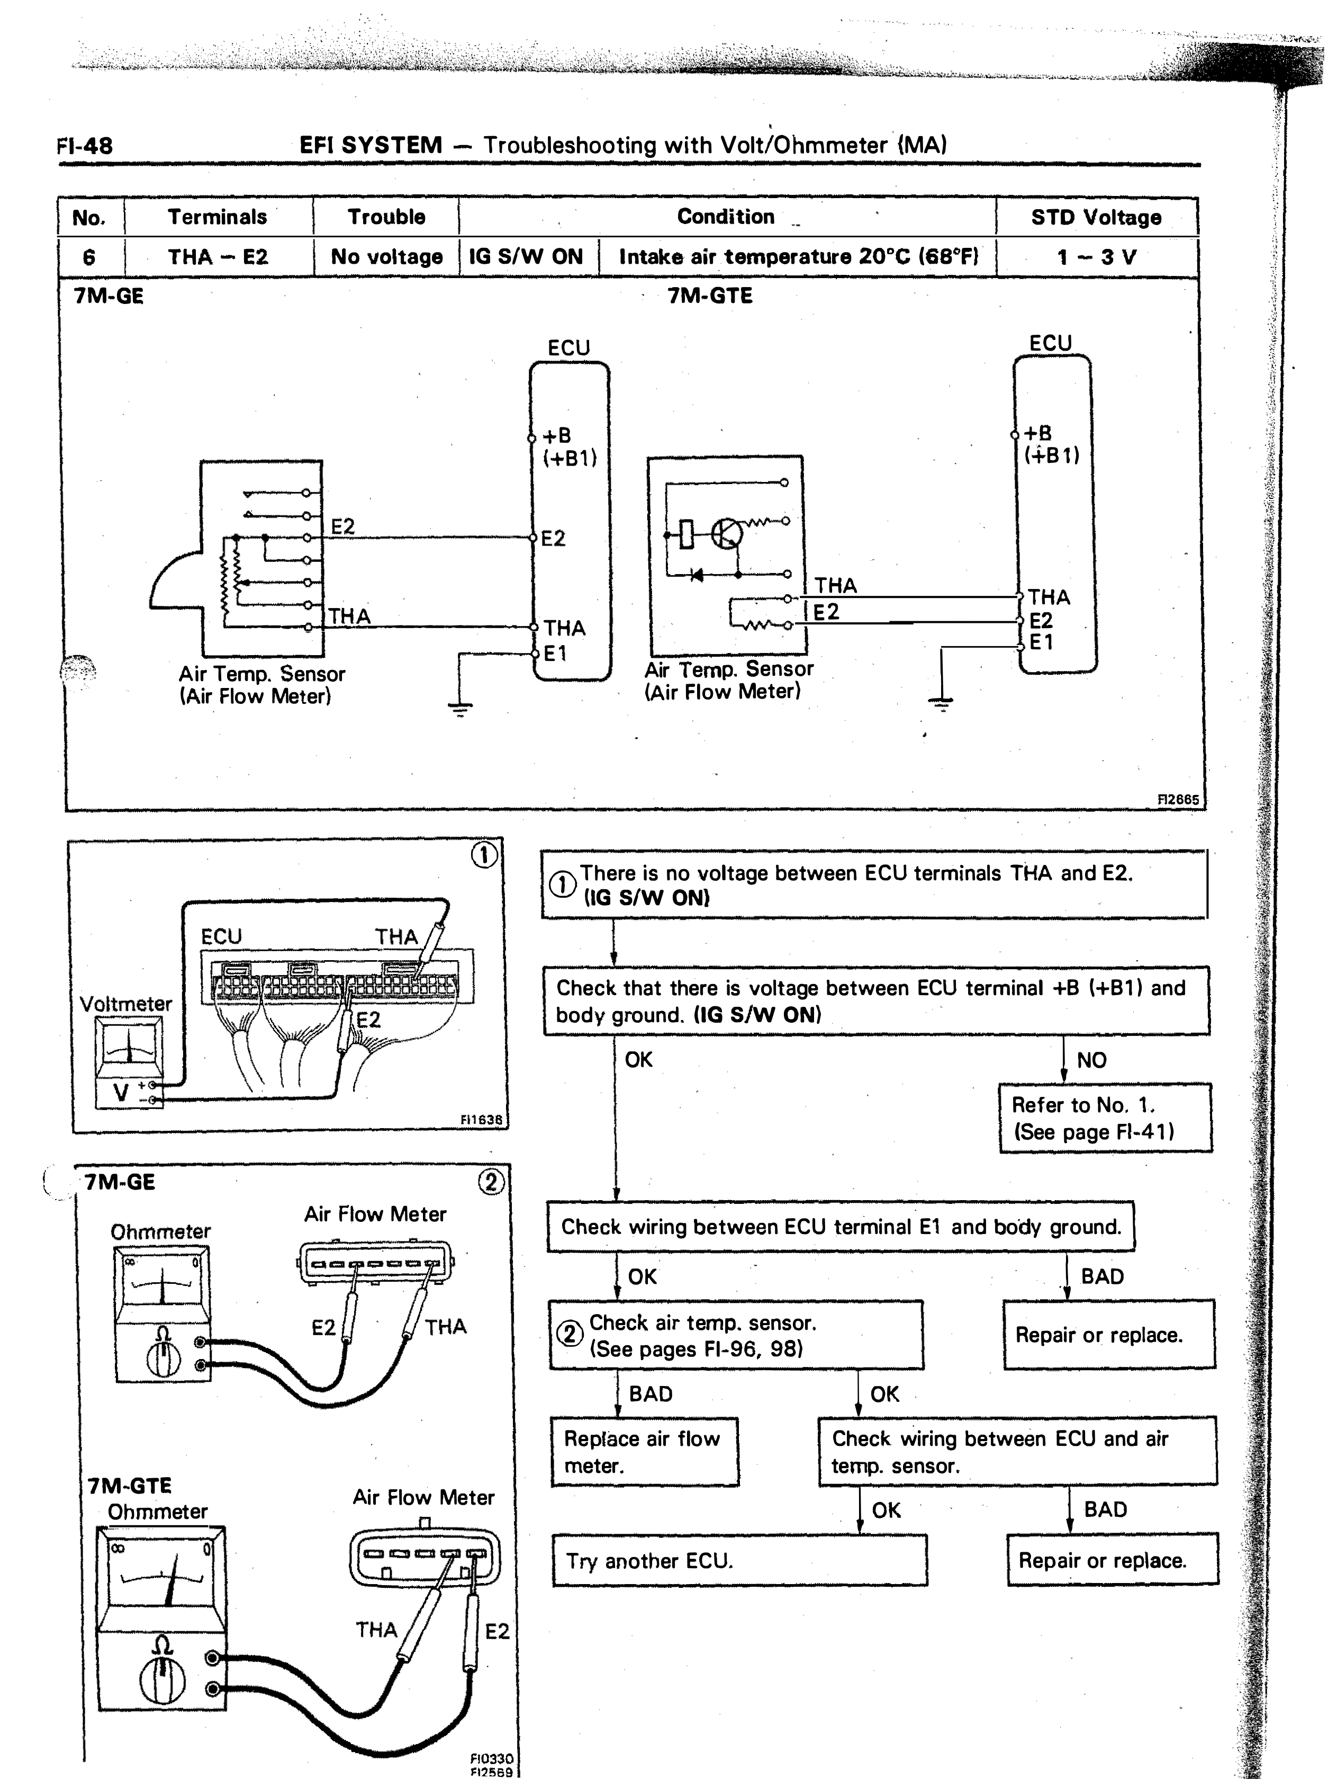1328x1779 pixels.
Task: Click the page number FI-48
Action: [x=85, y=146]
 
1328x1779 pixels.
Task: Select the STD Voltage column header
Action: [x=1097, y=217]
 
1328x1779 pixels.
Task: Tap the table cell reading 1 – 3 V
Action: [x=1097, y=257]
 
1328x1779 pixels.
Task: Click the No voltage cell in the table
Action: [x=387, y=257]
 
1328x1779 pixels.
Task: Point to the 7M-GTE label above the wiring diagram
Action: [x=710, y=296]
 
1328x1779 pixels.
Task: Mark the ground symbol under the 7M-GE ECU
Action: [x=460, y=708]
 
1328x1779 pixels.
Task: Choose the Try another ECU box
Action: [x=739, y=1561]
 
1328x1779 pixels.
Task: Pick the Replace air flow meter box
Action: [x=645, y=1452]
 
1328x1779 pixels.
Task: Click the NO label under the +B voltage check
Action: [x=1091, y=1060]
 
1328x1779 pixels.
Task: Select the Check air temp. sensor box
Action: [x=736, y=1336]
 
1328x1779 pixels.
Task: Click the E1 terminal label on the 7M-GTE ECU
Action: [x=1041, y=642]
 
